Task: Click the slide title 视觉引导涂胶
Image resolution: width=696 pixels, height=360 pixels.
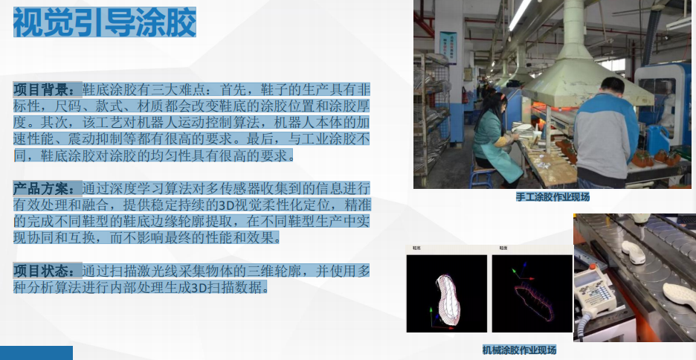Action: (105, 22)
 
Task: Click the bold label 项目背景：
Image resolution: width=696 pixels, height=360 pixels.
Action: (48, 90)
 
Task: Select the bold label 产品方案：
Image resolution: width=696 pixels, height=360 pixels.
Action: (48, 188)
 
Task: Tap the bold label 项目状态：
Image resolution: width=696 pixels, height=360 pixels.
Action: (48, 270)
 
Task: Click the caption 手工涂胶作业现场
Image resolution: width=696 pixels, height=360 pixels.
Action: (552, 196)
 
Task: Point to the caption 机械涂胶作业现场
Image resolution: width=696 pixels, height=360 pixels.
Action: (519, 350)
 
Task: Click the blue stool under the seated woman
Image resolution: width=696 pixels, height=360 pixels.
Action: (483, 176)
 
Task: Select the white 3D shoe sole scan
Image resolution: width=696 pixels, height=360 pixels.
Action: (448, 299)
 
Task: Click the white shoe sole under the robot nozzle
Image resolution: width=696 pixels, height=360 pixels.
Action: (634, 253)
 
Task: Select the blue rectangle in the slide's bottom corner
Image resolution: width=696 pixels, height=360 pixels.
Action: (36, 353)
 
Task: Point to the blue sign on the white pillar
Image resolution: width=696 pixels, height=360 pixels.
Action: (448, 48)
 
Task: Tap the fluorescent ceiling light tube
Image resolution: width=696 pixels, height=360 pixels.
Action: (520, 14)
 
